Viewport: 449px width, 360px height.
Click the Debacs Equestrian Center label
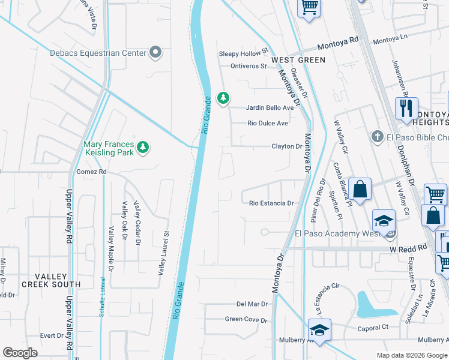[x=98, y=53]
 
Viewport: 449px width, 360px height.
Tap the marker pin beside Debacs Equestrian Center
[x=156, y=53]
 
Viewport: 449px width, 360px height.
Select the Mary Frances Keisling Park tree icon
[x=142, y=147]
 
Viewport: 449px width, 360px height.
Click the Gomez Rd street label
[x=91, y=172]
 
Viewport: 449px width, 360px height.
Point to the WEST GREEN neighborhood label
[x=298, y=60]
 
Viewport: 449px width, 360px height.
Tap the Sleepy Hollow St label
[x=243, y=54]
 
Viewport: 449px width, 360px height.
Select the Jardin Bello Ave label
[x=270, y=108]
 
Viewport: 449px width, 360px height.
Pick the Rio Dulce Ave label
[x=268, y=123]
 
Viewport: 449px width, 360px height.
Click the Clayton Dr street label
[x=286, y=146]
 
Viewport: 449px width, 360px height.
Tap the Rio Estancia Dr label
[x=271, y=203]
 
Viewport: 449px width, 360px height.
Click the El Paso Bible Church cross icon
[x=377, y=137]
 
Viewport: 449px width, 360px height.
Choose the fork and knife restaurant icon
[x=406, y=108]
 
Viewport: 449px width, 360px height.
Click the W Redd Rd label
[x=408, y=247]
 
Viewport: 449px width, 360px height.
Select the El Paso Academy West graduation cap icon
[x=384, y=221]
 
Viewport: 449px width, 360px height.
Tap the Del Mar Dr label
[x=251, y=304]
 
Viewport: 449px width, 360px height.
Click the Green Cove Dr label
[x=246, y=320]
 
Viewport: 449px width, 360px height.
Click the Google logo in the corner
[x=20, y=352]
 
